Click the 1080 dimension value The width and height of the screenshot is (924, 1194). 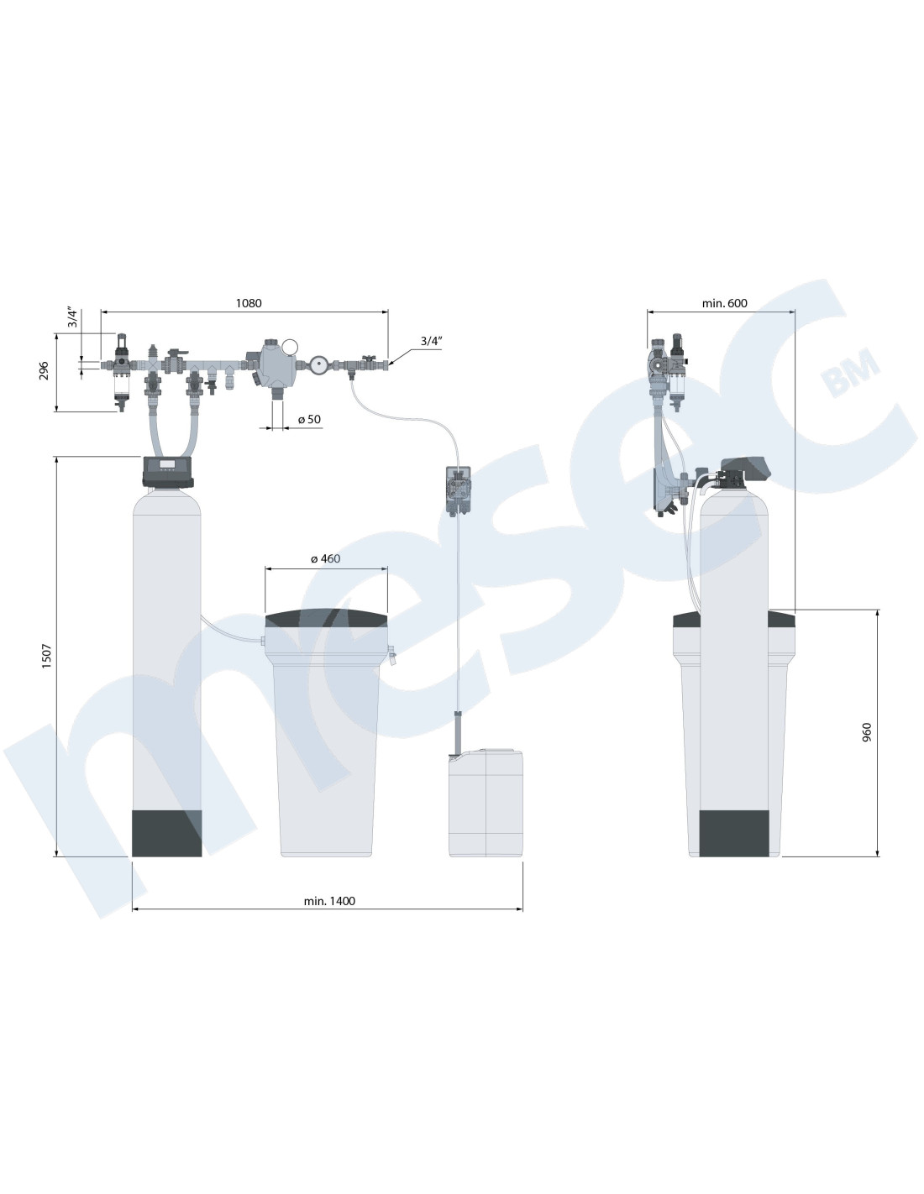point(249,303)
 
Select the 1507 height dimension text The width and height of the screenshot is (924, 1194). point(46,656)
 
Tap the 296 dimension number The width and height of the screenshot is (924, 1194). point(44,370)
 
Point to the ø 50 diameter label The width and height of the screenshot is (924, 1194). point(309,419)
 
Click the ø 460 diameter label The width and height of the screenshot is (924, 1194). point(325,559)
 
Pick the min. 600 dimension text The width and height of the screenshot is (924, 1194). point(724,303)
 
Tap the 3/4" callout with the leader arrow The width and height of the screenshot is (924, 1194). point(432,341)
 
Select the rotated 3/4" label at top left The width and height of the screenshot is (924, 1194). point(73,318)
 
